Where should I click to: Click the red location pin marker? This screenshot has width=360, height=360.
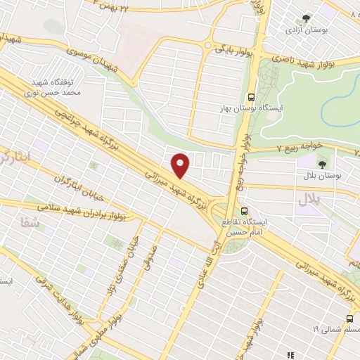[x=181, y=165]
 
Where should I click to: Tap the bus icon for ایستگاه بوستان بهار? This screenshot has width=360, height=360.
[x=252, y=98]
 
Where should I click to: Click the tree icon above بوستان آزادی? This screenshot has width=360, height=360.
[x=305, y=19]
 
